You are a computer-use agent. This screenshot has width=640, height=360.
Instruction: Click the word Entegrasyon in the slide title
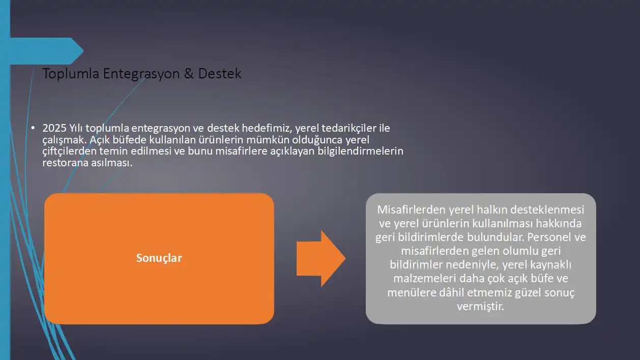point(141,74)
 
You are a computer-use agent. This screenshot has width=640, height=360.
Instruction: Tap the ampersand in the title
point(189,73)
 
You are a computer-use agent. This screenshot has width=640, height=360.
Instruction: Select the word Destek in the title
point(219,73)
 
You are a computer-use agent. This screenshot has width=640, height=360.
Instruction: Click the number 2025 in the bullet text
point(54,128)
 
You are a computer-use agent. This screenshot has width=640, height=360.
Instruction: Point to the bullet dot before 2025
point(33,128)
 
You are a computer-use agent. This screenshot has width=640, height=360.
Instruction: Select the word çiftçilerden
point(69,152)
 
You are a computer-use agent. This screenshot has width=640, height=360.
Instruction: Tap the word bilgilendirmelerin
point(360,152)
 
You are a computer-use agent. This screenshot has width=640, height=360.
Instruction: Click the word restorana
point(65,163)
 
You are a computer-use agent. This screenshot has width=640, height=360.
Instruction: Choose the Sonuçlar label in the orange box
point(159,258)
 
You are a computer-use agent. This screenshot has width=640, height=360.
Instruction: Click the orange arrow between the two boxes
point(321,258)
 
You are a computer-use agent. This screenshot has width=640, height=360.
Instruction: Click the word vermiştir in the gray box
point(480,307)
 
